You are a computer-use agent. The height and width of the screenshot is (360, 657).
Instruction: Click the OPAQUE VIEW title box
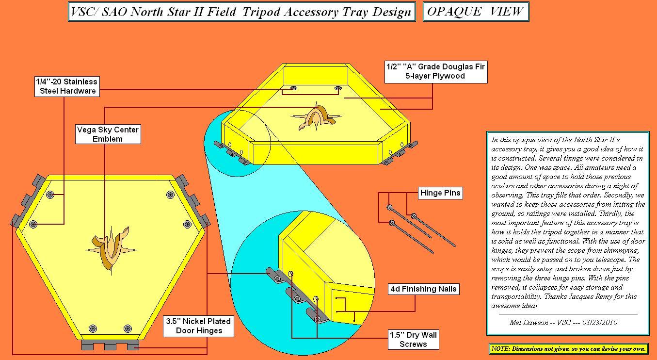pyautogui.click(x=476, y=12)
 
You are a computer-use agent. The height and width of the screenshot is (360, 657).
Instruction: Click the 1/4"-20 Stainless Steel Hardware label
pyautogui.click(x=67, y=86)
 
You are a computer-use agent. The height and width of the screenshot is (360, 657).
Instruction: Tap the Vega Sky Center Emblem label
pyautogui.click(x=108, y=134)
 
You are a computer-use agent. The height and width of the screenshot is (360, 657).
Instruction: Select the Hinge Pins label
pyautogui.click(x=440, y=193)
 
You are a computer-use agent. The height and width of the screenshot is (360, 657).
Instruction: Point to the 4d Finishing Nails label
pyautogui.click(x=423, y=289)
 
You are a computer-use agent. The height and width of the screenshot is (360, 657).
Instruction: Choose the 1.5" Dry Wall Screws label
pyautogui.click(x=413, y=340)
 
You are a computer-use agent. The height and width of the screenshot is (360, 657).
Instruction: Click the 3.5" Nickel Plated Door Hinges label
pyautogui.click(x=199, y=326)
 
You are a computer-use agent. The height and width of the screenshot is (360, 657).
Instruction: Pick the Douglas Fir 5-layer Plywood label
pyautogui.click(x=436, y=72)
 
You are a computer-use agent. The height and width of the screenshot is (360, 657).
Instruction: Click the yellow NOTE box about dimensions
pyautogui.click(x=568, y=349)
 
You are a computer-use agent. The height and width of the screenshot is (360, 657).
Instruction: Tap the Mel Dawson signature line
pyautogui.click(x=563, y=323)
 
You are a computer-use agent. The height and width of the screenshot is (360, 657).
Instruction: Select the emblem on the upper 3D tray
pyautogui.click(x=317, y=116)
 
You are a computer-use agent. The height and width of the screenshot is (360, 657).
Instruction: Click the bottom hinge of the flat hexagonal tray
pyautogui.click(x=110, y=345)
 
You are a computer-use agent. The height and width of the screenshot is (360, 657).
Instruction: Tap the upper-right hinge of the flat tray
pyautogui.click(x=192, y=200)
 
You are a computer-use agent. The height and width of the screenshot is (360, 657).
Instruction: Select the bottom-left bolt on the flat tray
pyautogui.click(x=93, y=328)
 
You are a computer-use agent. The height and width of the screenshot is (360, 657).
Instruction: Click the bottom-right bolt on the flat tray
pyautogui.click(x=128, y=328)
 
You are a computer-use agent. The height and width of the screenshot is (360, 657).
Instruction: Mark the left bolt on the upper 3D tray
pyautogui.click(x=293, y=88)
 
